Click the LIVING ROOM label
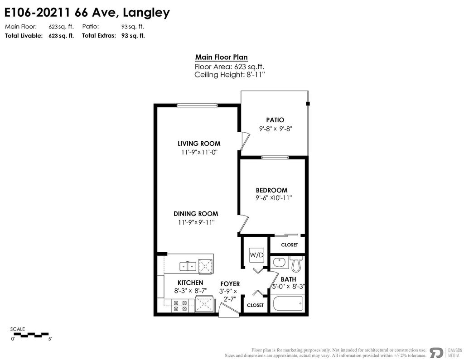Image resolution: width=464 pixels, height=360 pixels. (198, 144)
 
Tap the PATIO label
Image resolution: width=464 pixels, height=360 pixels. (275, 120)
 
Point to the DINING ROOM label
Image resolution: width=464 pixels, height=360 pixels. (196, 214)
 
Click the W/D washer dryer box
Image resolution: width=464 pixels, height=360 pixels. (256, 255)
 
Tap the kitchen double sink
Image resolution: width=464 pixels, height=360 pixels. (187, 266)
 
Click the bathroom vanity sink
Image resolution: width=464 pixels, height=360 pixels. (280, 263)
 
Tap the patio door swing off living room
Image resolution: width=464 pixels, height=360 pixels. (244, 140)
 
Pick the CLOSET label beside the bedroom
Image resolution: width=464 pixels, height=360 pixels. (290, 245)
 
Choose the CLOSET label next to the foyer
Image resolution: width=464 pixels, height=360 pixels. (255, 305)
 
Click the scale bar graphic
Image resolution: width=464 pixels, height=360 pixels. (30, 335)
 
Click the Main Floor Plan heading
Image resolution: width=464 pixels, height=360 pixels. (221, 58)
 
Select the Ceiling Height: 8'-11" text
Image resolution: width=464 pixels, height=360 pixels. (229, 75)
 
